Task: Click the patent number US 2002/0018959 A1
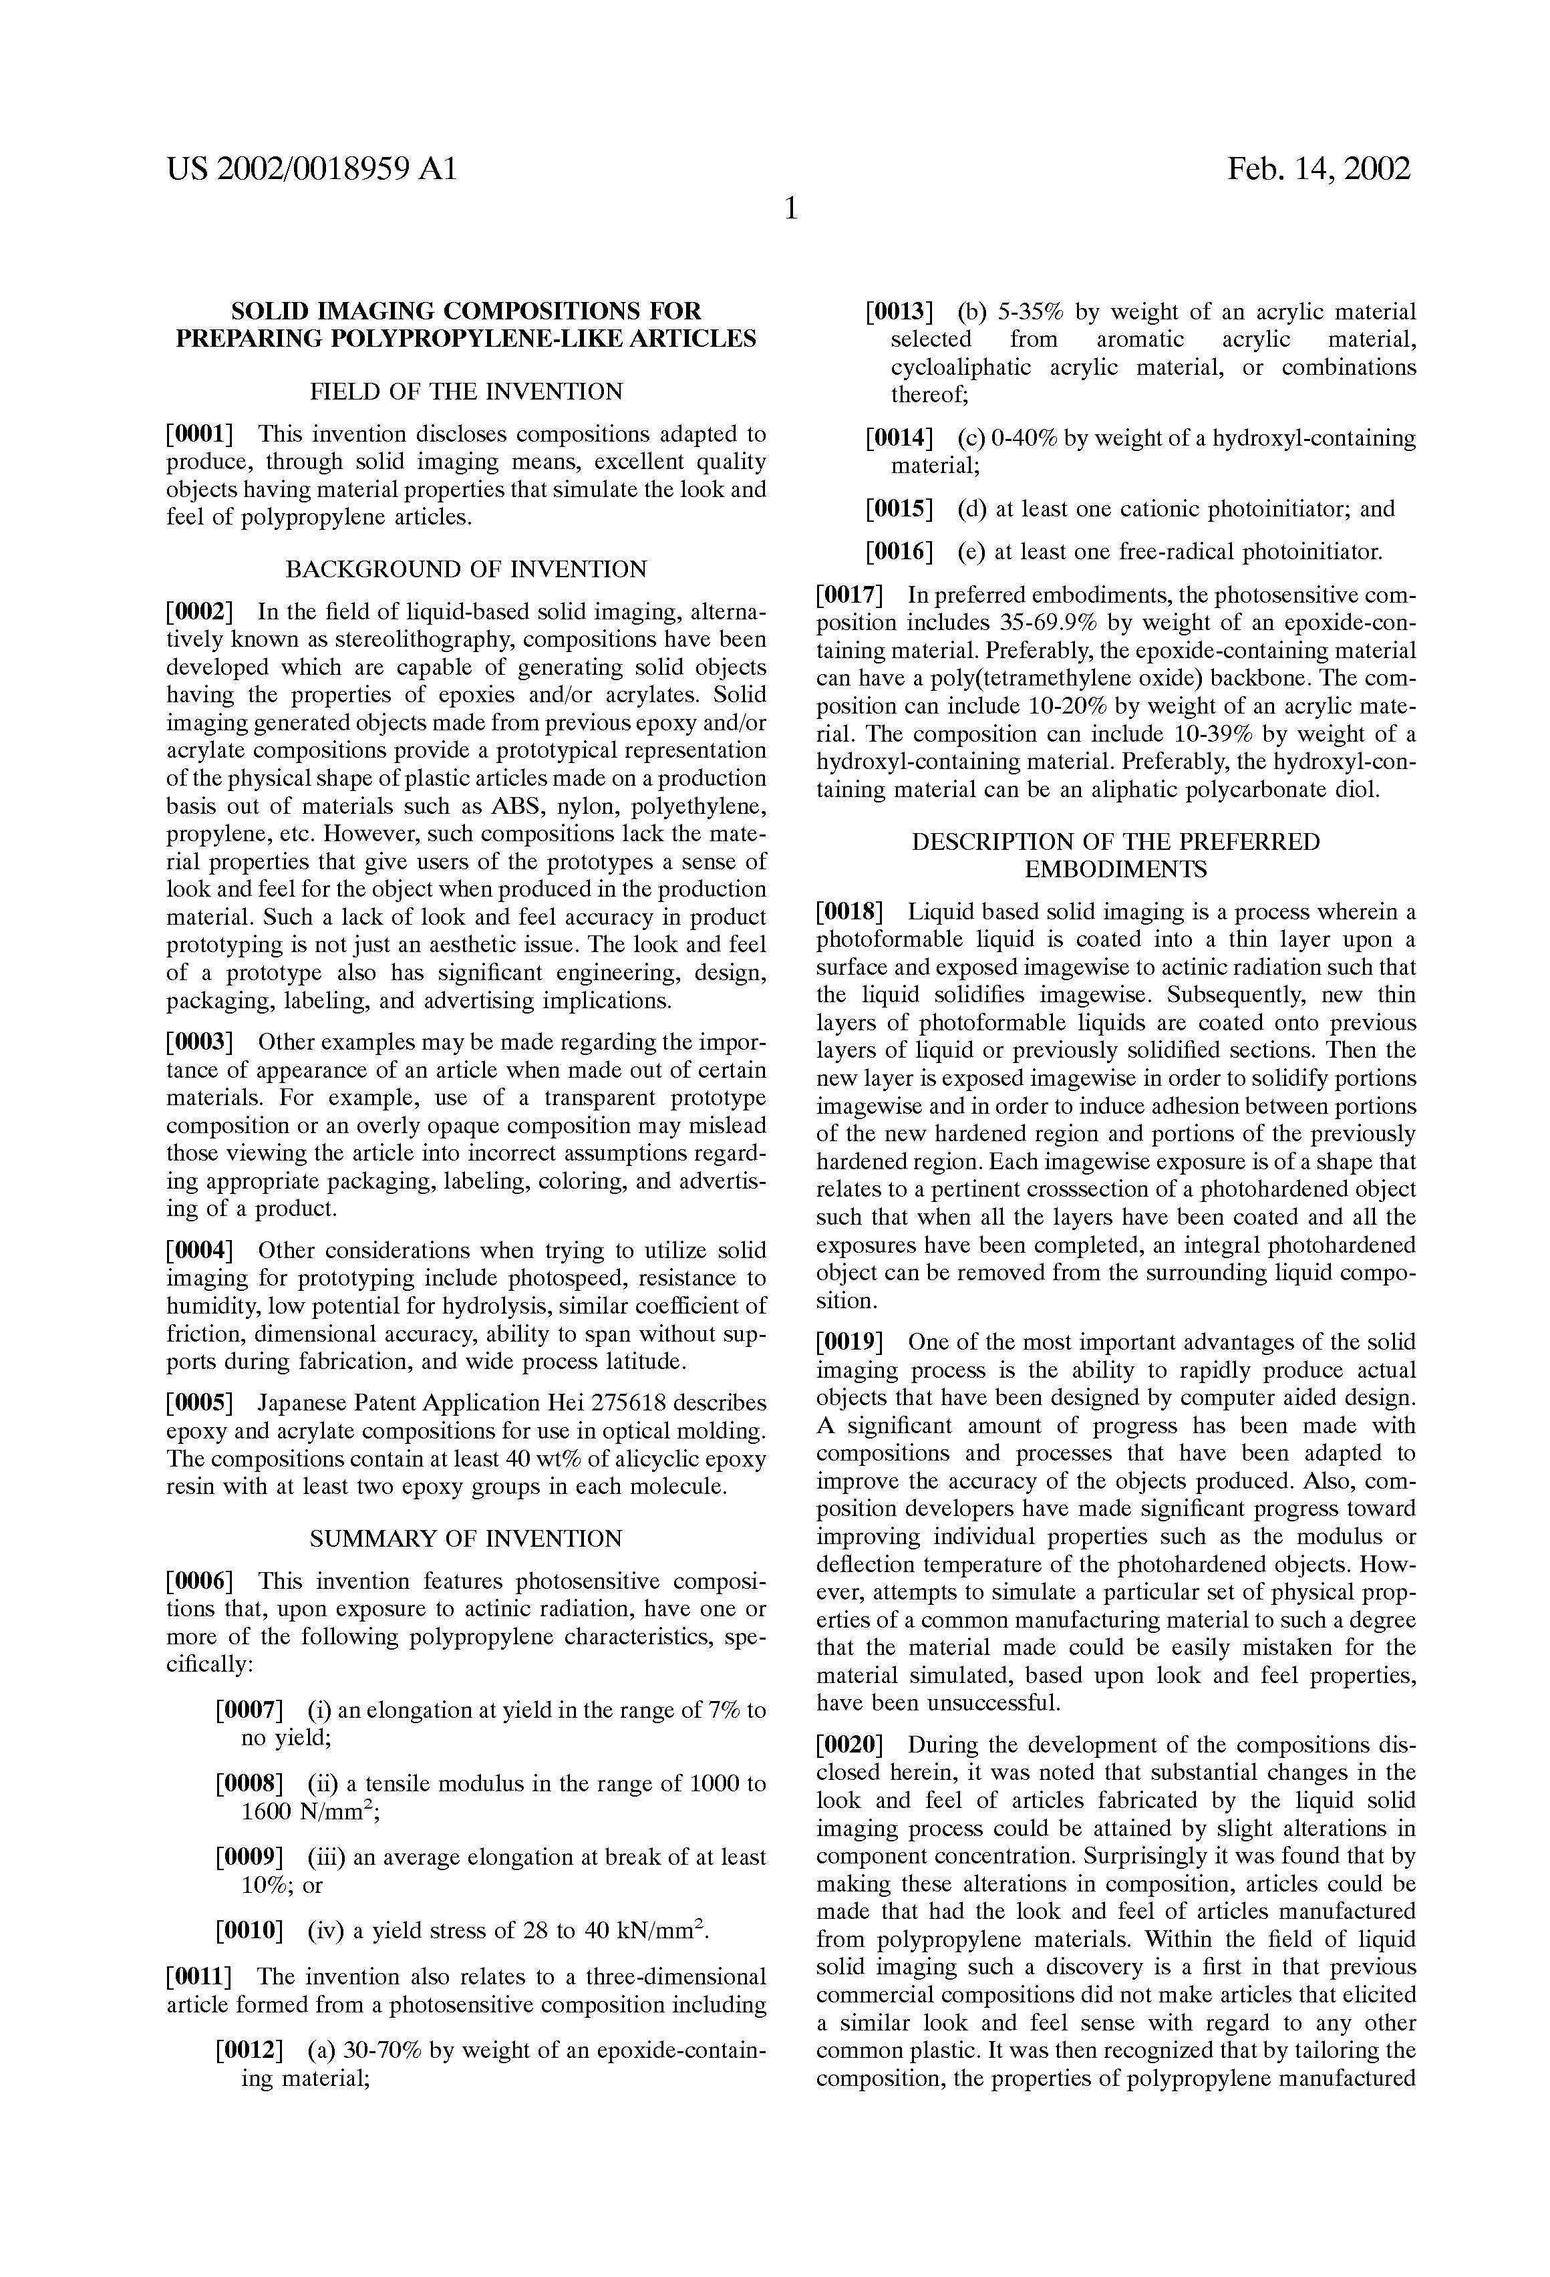click(x=311, y=170)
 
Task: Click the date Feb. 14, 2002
click(x=1319, y=170)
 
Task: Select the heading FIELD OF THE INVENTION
click(x=466, y=392)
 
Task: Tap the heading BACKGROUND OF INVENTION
click(x=466, y=569)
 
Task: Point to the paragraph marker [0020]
click(x=850, y=1745)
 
